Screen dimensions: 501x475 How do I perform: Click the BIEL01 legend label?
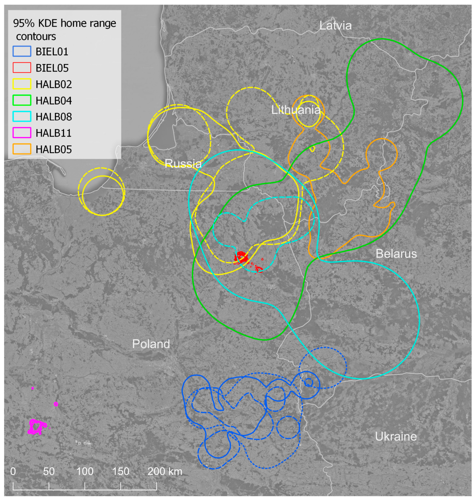[x=52, y=52]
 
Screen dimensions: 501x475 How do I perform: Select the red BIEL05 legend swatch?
[x=22, y=68]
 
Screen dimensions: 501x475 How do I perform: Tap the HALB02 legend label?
[x=54, y=84]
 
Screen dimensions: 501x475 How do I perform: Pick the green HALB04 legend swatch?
[x=22, y=100]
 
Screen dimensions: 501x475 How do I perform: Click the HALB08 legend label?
[x=54, y=117]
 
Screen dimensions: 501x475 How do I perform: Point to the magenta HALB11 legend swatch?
[x=22, y=133]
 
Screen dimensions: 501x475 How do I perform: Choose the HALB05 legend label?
[x=54, y=149]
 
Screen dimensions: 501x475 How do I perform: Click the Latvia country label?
[x=335, y=26]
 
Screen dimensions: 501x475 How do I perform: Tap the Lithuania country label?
[x=296, y=110]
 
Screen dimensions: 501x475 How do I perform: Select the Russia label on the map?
[x=183, y=164]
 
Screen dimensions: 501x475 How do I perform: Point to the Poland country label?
[x=151, y=344]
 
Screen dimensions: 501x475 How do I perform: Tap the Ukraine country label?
[x=396, y=437]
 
